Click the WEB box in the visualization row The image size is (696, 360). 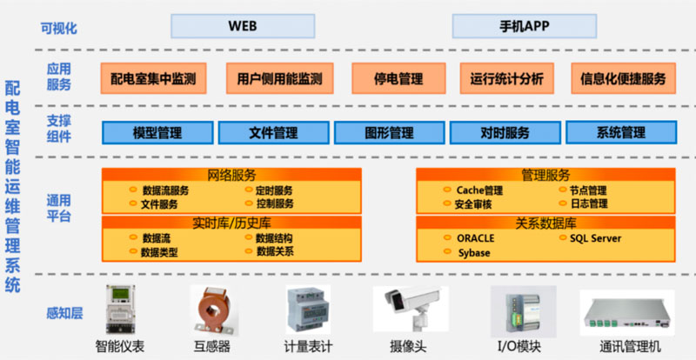243,25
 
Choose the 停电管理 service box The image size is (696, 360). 398,78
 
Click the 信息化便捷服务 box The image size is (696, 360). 623,78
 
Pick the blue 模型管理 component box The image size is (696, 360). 157,133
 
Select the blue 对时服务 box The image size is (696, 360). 505,133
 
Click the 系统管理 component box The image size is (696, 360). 620,133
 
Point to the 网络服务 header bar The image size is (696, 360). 231,175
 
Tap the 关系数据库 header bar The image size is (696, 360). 545,223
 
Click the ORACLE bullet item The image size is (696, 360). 475,237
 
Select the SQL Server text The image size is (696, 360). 595,237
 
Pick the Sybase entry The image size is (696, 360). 473,253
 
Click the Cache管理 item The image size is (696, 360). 479,190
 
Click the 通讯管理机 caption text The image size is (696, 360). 631,347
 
